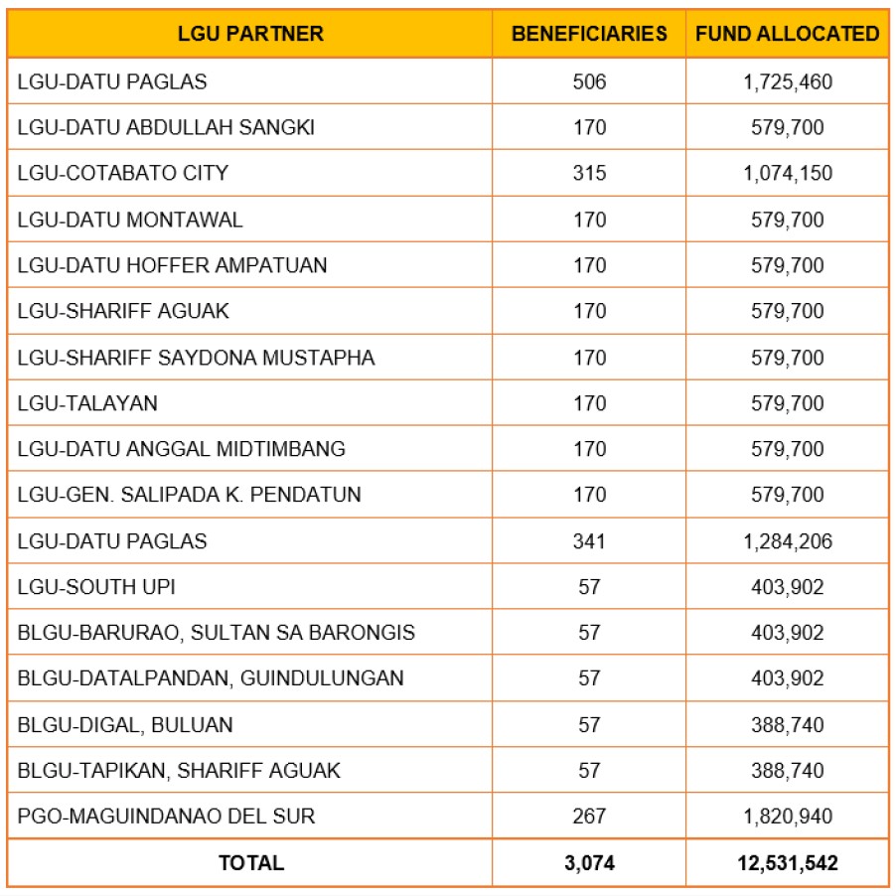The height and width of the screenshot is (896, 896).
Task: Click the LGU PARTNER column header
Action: (250, 34)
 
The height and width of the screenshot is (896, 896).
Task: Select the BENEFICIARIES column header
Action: (589, 34)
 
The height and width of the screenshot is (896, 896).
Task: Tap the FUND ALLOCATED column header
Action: (787, 34)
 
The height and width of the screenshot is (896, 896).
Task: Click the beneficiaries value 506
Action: (589, 81)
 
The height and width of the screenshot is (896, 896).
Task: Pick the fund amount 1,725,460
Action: (788, 81)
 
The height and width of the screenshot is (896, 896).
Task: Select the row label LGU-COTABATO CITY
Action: (123, 173)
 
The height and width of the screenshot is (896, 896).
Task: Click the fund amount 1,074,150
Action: (788, 173)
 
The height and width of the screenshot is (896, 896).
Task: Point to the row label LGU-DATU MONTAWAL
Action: (130, 220)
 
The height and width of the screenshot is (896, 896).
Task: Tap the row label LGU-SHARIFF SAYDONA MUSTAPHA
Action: (197, 358)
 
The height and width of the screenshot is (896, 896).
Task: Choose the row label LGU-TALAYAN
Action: (87, 403)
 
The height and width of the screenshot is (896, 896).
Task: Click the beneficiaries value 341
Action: (589, 541)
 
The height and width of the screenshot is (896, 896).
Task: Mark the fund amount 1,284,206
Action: (788, 541)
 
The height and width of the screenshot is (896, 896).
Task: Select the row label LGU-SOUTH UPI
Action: (96, 587)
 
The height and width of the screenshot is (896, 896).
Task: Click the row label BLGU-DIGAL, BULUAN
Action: (125, 725)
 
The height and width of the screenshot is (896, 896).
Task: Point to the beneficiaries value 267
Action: (589, 817)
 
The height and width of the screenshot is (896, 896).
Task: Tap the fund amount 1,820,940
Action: (788, 817)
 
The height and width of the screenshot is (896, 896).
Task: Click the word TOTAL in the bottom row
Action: (250, 863)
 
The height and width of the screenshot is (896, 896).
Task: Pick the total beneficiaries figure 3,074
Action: (589, 863)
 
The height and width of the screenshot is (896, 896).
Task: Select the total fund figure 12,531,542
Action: (788, 863)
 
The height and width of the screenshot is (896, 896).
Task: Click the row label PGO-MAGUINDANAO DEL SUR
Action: (166, 817)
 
